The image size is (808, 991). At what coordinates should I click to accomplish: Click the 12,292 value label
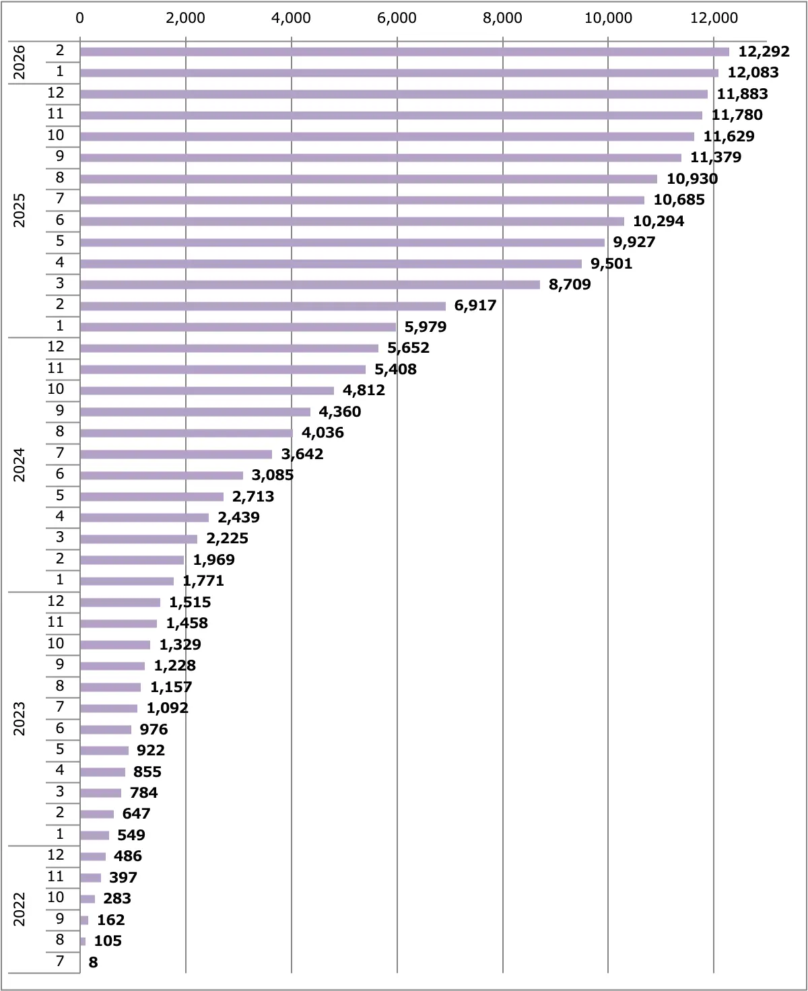[764, 52]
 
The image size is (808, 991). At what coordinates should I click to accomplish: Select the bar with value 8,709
[310, 285]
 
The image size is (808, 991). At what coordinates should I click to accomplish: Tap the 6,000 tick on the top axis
[397, 18]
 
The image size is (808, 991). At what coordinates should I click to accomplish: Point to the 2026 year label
[20, 62]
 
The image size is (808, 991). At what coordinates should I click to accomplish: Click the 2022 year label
[20, 909]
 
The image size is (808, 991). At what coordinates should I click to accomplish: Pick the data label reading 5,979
[426, 327]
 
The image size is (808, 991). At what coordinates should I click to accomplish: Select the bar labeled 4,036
[187, 433]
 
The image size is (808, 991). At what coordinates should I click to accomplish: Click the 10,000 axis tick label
[608, 18]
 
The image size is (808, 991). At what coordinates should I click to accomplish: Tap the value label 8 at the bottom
[93, 963]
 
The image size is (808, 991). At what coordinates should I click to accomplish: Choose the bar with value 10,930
[368, 179]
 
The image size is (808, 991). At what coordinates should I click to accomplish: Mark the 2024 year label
[20, 465]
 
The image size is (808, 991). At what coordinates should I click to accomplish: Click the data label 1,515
[190, 603]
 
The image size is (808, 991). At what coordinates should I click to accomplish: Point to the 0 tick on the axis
[80, 18]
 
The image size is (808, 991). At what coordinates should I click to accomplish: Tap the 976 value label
[154, 730]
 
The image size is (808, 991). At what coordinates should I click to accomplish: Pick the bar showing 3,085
[162, 475]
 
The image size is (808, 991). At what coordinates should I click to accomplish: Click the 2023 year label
[20, 718]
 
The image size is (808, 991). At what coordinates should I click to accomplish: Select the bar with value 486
[93, 856]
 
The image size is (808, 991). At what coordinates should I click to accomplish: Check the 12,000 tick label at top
[714, 18]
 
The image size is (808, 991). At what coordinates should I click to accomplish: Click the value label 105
[108, 941]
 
